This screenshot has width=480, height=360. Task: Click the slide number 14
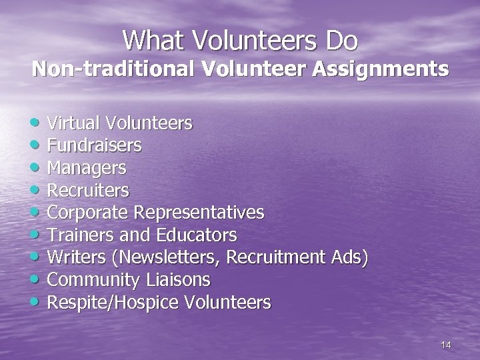click(x=446, y=345)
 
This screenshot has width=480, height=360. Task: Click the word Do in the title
click(x=341, y=41)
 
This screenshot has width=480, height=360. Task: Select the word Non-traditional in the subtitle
click(x=111, y=69)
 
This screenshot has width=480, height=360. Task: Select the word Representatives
click(x=199, y=213)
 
